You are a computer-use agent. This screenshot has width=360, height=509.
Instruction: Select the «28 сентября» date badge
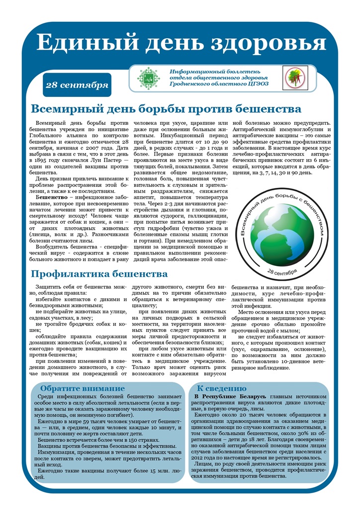pos(77,85)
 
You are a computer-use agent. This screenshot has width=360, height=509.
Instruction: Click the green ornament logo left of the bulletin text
pos(147,78)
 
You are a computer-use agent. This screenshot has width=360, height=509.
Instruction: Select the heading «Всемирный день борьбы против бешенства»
pos(166,108)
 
